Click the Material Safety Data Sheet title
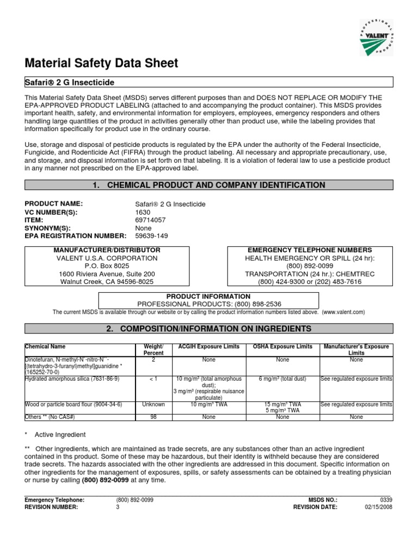click(102, 63)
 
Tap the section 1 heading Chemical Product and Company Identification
click(209, 185)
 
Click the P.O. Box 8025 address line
click(107, 266)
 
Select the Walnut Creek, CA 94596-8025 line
click(107, 282)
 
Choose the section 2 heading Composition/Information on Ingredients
click(209, 329)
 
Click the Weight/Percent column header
click(153, 350)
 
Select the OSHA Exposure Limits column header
click(282, 346)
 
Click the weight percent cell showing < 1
click(153, 378)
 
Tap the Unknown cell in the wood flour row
click(153, 405)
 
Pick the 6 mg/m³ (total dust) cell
click(282, 378)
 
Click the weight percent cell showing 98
click(153, 417)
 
